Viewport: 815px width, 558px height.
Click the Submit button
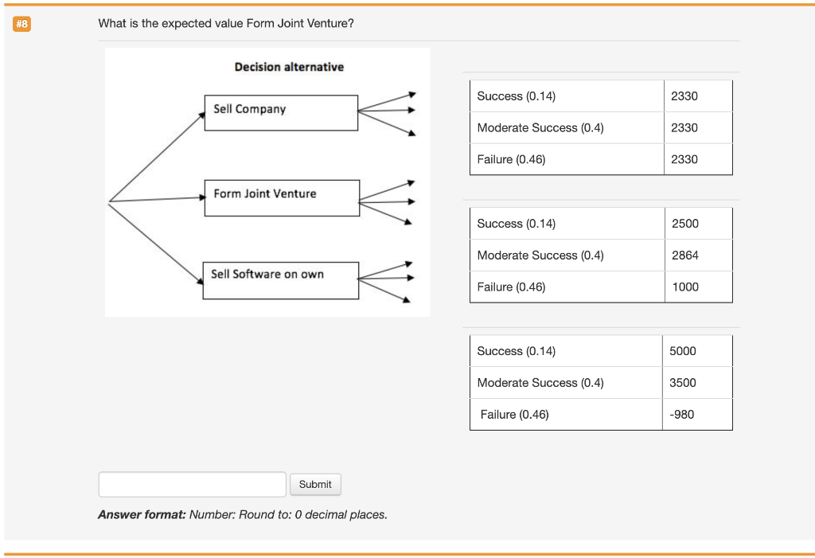[x=315, y=484]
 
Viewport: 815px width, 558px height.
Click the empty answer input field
[x=192, y=484]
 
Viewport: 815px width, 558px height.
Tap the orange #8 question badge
[x=21, y=24]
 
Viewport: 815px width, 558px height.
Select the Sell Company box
[x=281, y=112]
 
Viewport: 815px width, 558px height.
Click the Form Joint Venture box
[x=282, y=197]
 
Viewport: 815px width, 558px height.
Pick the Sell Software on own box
[x=280, y=280]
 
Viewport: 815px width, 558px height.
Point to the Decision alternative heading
[x=289, y=67]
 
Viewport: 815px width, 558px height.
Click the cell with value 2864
[x=684, y=256]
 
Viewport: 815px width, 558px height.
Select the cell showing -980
[x=682, y=415]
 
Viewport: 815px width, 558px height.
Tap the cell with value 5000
[x=682, y=351]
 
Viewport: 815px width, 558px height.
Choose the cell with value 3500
[x=682, y=383]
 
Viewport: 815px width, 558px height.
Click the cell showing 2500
[x=684, y=224]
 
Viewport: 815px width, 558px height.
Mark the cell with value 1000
[x=684, y=287]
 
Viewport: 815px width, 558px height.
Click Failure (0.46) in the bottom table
[x=514, y=415]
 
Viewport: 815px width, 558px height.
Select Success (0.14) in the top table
[x=516, y=96]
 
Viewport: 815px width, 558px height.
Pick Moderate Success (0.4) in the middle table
[x=540, y=256]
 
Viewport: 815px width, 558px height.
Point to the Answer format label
[x=142, y=515]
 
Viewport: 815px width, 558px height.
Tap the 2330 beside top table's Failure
[x=684, y=160]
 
